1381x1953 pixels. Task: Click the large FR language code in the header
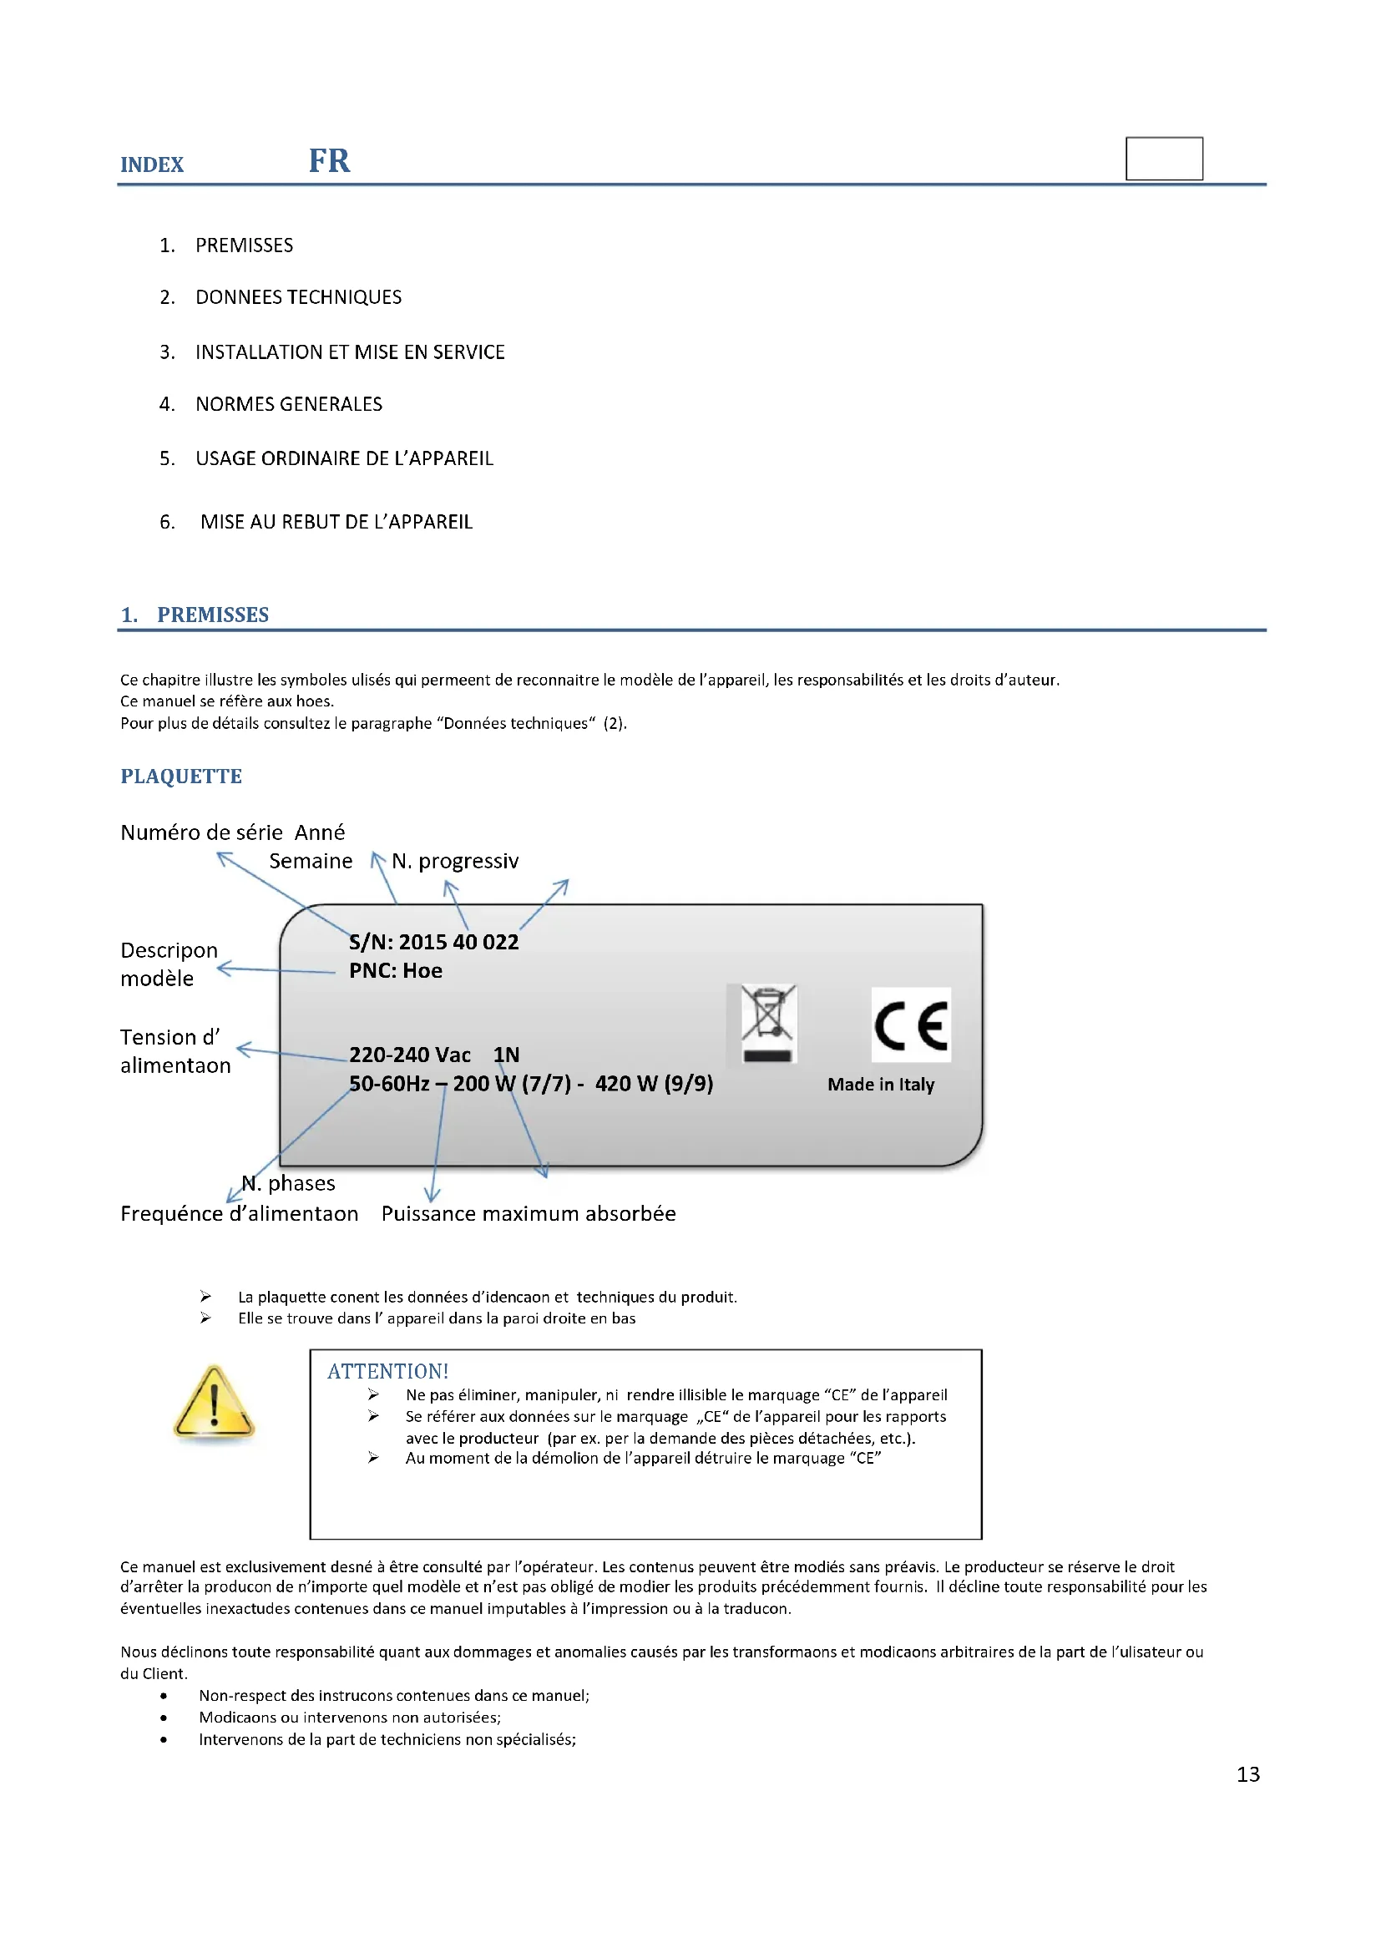329,161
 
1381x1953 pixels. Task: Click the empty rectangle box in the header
1163,158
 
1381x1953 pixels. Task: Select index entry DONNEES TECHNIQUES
297,297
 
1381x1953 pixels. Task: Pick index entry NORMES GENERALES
288,404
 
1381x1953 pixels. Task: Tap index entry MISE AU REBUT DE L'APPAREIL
336,521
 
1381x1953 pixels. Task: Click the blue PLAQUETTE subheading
181,776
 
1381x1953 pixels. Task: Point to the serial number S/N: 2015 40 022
433,942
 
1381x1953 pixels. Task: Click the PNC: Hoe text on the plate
396,970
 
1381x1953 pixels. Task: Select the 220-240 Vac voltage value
410,1055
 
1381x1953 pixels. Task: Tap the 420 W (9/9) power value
654,1084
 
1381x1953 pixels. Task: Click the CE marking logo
911,1025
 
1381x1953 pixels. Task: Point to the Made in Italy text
880,1085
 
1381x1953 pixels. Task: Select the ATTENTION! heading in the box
387,1371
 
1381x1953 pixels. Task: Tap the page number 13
1247,1774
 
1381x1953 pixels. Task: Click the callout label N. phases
289,1183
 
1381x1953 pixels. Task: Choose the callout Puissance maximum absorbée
528,1214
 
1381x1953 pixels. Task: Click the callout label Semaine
311,861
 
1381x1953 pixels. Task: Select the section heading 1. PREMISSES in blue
195,615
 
